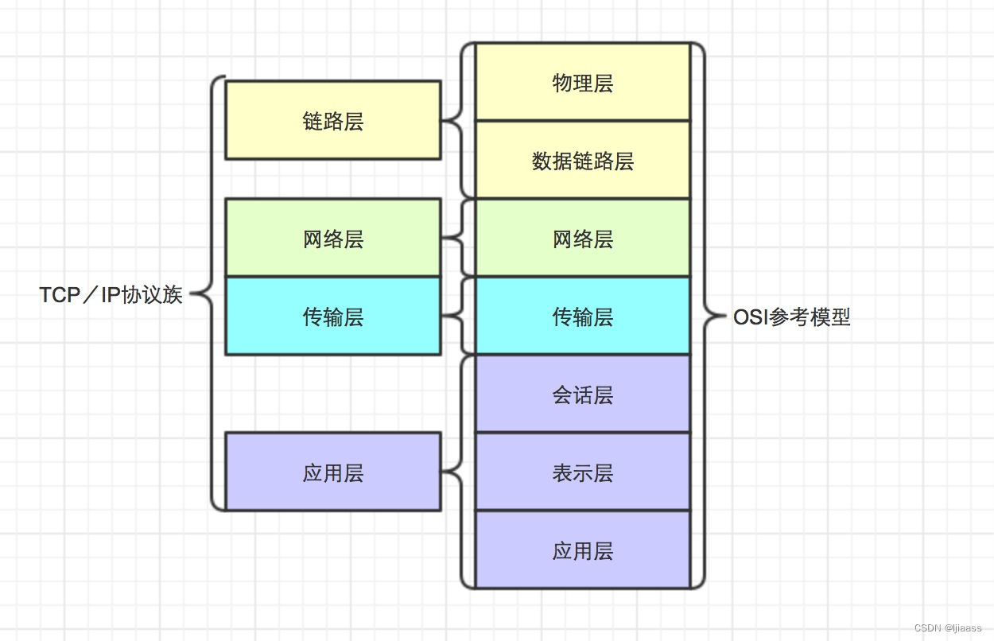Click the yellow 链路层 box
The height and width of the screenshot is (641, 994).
point(332,120)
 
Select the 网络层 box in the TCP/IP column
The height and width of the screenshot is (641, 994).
point(332,238)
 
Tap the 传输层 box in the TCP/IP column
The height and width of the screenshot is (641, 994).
point(332,316)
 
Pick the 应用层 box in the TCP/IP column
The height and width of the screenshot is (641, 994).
point(332,472)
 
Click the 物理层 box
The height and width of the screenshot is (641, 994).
point(582,83)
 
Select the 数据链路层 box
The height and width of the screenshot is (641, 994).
point(582,161)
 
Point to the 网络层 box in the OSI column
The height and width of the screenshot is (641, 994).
point(582,238)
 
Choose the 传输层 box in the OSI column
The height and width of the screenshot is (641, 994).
point(582,316)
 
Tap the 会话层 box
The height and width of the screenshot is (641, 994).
point(582,394)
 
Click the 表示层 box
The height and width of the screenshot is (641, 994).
point(582,472)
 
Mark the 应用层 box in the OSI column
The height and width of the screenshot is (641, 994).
point(582,550)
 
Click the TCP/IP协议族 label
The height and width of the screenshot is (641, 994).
point(111,295)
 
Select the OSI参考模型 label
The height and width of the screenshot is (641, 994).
point(791,317)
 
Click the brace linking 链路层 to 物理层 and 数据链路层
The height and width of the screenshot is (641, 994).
point(457,121)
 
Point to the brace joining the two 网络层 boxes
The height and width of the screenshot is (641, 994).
point(458,238)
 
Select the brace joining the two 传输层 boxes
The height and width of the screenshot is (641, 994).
point(458,316)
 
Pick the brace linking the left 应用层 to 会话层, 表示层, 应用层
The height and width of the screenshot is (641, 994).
point(457,472)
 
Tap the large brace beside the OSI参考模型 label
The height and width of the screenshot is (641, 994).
point(701,317)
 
